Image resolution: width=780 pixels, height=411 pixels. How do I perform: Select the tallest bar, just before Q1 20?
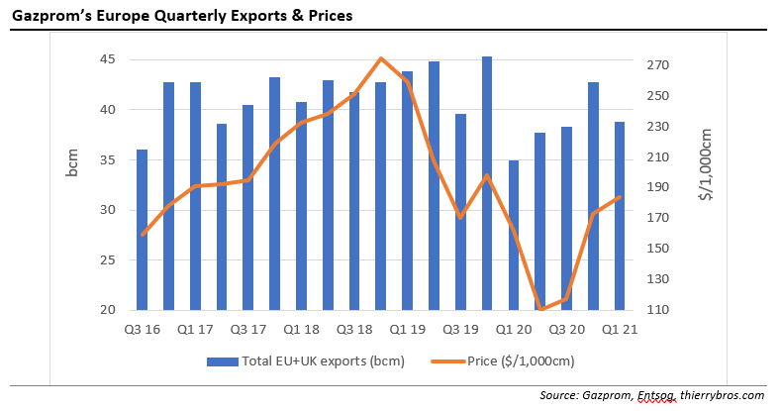point(487,183)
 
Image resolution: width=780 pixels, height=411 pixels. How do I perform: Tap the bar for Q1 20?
point(514,235)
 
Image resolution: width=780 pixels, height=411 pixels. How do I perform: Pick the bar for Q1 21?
point(620,216)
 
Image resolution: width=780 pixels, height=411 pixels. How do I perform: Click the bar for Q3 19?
point(460,212)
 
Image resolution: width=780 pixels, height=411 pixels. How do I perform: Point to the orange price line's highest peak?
point(381,58)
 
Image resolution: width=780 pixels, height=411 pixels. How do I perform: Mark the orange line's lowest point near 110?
point(540,309)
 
